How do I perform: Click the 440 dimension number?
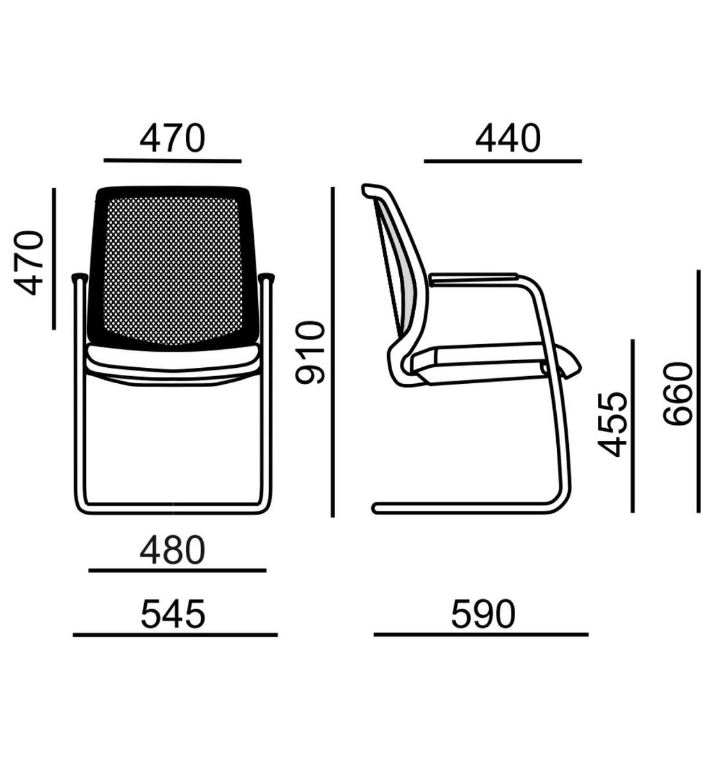[507, 138]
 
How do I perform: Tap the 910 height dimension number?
[309, 352]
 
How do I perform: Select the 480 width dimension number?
[173, 550]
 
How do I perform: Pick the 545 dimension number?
[173, 615]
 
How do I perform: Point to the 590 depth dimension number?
[483, 615]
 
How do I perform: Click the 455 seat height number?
[612, 425]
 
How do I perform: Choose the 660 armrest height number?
[677, 393]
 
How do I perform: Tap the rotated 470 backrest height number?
[29, 263]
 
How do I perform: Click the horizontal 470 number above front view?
[173, 138]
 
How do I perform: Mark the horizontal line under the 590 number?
[481, 634]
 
